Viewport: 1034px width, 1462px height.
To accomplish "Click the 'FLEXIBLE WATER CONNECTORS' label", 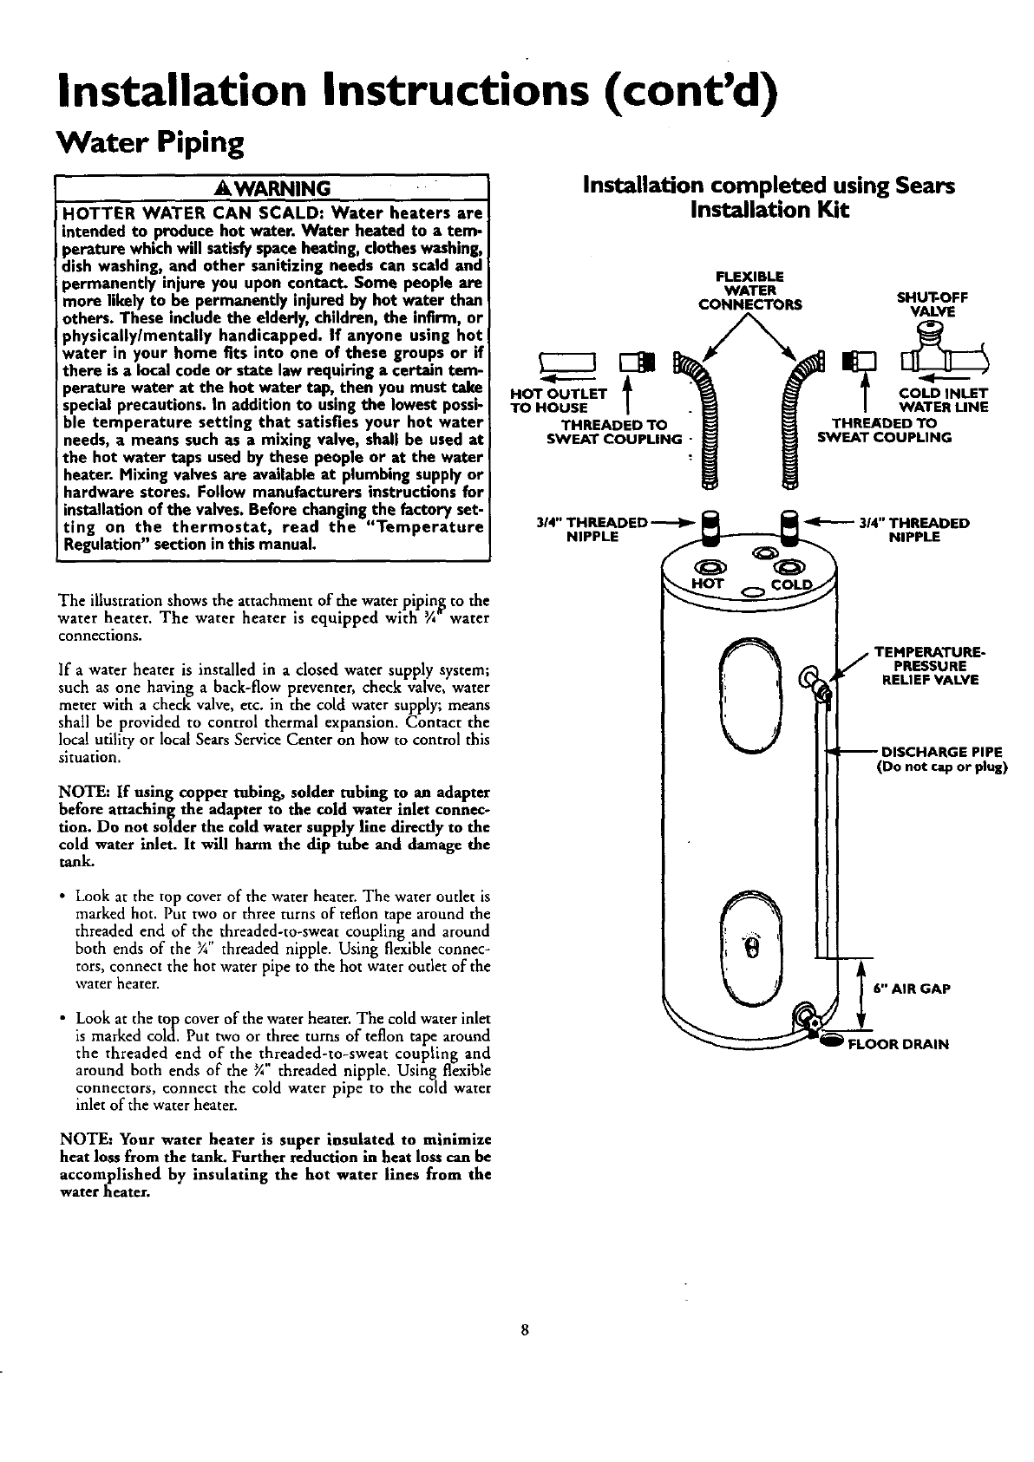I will pos(751,290).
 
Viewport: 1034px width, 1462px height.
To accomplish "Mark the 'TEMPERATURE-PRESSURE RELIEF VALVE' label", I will pos(926,666).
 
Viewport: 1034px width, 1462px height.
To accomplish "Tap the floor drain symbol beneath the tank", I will pos(831,1041).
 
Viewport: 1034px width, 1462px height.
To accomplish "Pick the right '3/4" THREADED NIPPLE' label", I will pos(913,530).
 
